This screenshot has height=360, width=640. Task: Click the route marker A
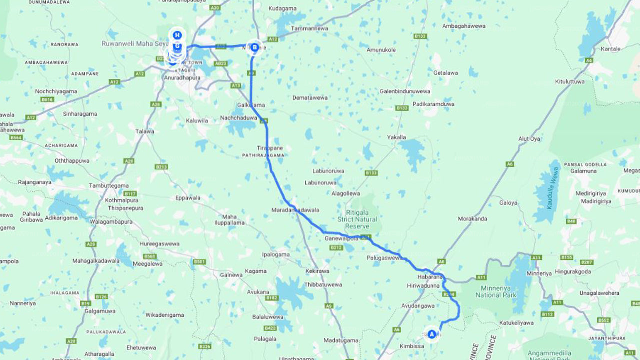click(432, 334)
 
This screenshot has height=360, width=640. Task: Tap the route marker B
click(255, 48)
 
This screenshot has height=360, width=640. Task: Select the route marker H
click(176, 35)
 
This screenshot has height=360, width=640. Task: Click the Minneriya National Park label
click(491, 291)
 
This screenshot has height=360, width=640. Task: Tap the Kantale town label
click(611, 49)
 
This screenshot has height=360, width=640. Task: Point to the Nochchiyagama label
click(56, 91)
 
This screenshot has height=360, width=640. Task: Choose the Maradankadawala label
click(295, 210)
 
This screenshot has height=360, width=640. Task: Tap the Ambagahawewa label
click(464, 26)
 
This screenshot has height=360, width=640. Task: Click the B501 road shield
click(199, 261)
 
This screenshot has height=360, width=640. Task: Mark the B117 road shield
click(130, 193)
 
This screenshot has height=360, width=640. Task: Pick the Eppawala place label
click(188, 198)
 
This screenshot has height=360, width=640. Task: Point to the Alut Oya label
click(529, 138)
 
